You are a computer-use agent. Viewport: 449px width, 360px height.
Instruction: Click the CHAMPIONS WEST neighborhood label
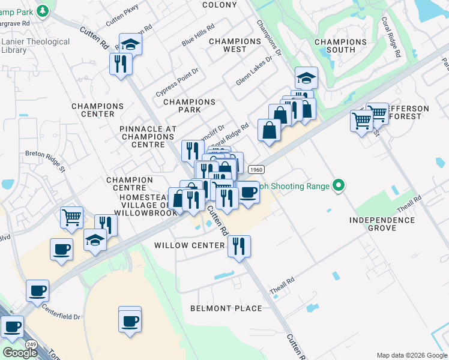point(235,45)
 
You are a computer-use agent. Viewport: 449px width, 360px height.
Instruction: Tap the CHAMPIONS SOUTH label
point(340,46)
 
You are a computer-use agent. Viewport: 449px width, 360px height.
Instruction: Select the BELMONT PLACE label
point(226,308)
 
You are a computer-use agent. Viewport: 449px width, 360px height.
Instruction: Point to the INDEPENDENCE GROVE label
point(382,224)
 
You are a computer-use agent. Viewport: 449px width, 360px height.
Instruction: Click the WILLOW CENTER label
point(189,245)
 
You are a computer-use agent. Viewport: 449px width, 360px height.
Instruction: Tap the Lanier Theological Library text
point(36,46)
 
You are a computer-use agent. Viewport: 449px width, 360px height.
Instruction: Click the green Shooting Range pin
point(339,186)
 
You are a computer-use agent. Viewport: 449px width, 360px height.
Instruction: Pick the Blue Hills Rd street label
point(198,37)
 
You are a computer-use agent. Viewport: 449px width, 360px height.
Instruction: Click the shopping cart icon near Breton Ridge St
point(71,217)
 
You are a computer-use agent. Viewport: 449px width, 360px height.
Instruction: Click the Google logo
point(19,353)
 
